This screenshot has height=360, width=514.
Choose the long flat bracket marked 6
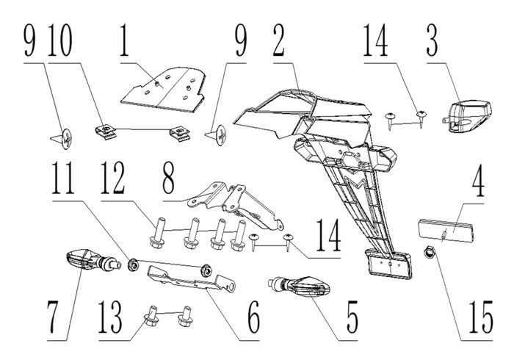pyautogui.click(x=184, y=278)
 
